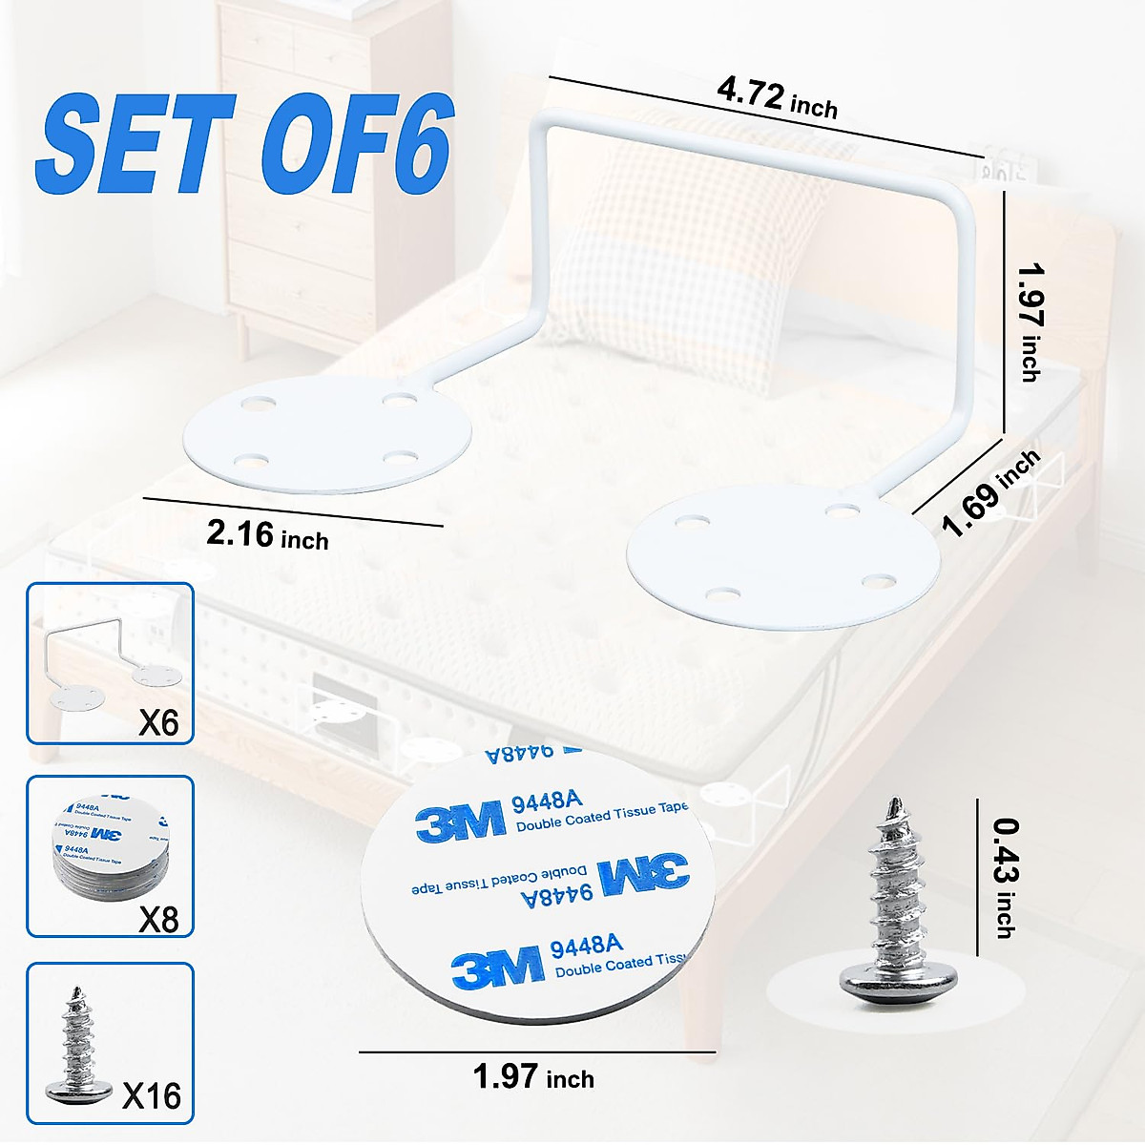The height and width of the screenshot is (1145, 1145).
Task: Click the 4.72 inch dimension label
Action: pos(777,99)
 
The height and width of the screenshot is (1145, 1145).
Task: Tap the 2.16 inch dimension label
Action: pos(267,535)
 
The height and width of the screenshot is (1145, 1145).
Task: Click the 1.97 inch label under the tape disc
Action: pos(533,1077)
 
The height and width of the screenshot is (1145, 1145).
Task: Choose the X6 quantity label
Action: pos(158,722)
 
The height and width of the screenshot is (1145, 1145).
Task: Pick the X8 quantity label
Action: pos(158,919)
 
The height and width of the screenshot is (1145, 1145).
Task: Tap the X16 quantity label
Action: pos(152,1095)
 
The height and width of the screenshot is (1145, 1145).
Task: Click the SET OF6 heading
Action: pos(243,144)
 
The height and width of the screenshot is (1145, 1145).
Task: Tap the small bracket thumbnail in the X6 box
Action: pos(105,668)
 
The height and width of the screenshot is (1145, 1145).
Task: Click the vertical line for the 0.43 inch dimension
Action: pos(978,878)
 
